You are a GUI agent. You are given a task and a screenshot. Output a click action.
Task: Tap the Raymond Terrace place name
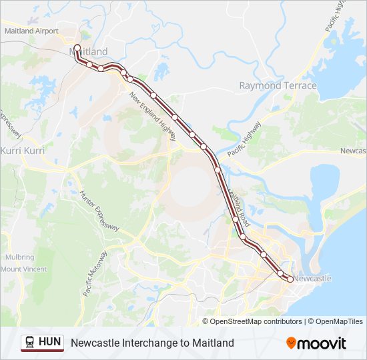point(278,86)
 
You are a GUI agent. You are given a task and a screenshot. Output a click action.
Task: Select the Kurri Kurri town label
point(23,151)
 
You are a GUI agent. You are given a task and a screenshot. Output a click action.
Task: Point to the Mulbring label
point(19,257)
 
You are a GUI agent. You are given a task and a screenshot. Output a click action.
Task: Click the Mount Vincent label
point(23,269)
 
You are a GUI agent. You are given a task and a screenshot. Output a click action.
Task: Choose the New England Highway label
point(153,116)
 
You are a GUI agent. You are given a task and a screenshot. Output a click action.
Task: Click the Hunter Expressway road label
point(99,211)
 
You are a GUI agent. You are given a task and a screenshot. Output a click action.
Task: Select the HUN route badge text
point(50,342)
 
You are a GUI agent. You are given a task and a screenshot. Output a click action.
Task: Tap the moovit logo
point(316,343)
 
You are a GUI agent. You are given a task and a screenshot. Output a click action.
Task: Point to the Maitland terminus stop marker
point(77,48)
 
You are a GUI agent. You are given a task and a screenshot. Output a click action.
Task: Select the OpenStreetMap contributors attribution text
point(256,321)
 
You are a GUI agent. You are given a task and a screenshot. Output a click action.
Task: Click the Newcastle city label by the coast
point(312,278)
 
